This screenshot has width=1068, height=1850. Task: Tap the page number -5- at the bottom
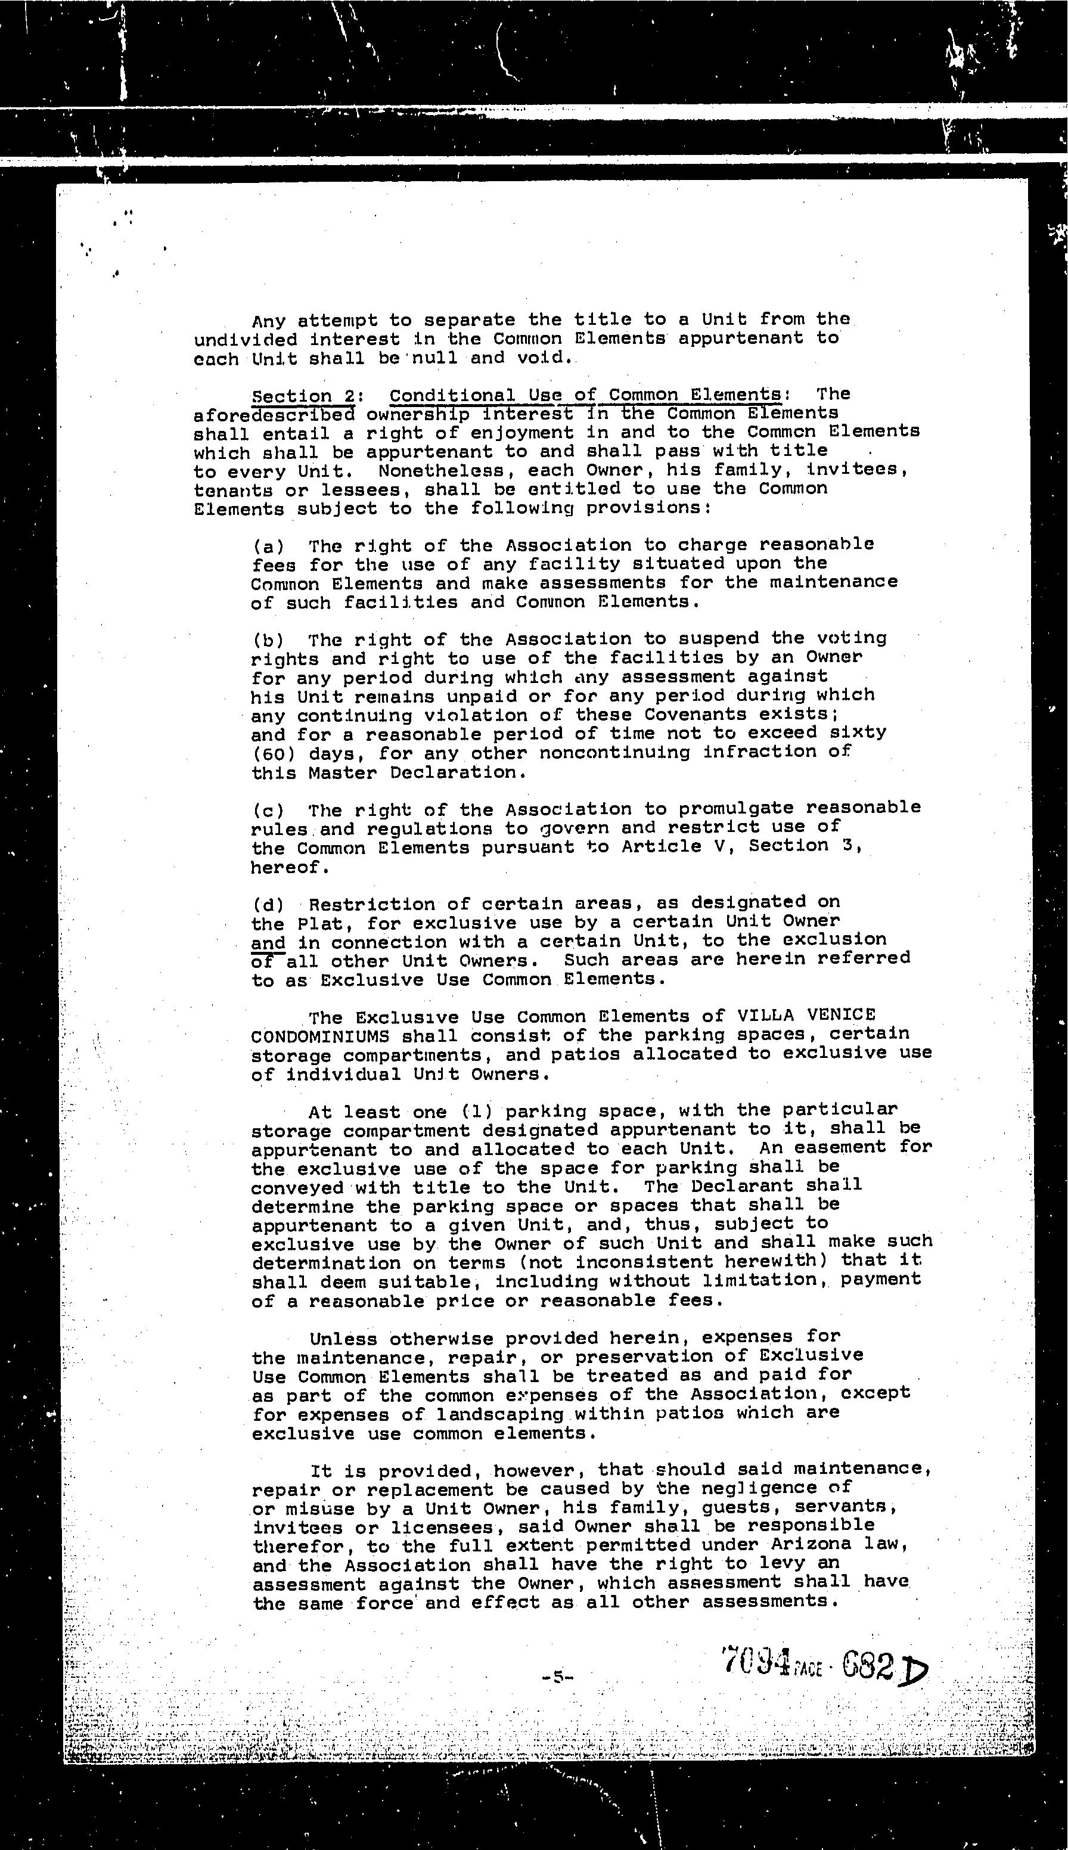[x=557, y=1676]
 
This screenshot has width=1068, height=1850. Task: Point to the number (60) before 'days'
[x=273, y=753]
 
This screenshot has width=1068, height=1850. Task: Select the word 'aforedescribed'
[x=274, y=415]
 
